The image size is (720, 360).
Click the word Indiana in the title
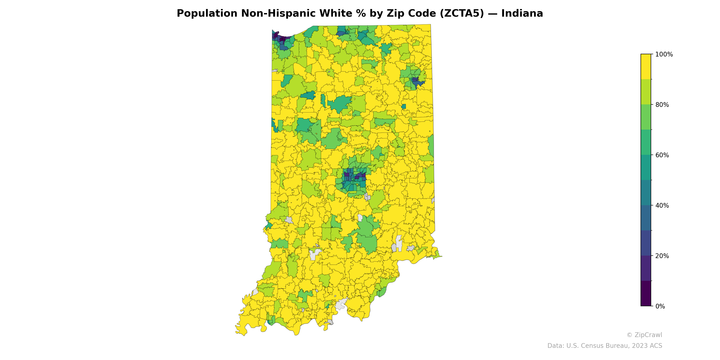pos(522,13)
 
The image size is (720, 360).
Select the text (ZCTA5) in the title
pos(462,13)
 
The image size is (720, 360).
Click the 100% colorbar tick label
pos(664,54)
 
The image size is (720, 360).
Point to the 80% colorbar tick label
pos(662,105)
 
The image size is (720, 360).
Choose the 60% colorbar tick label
pos(662,155)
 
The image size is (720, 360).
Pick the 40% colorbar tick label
pos(662,205)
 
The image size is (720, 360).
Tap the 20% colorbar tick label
pos(662,256)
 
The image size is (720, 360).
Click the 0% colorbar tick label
pos(660,306)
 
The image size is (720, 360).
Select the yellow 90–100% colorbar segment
pos(646,67)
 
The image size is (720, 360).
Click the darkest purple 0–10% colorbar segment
pos(646,293)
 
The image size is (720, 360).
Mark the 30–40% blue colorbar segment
pos(646,218)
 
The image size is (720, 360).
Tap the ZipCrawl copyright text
pos(644,335)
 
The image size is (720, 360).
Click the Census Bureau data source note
pos(605,346)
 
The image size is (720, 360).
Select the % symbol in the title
pos(361,13)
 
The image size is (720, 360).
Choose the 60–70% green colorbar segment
pos(646,142)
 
